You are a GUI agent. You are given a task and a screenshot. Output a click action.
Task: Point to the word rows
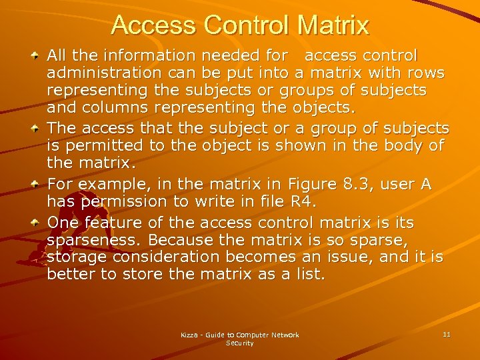pyautogui.click(x=427, y=72)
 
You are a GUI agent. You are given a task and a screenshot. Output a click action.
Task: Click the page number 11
pyautogui.click(x=446, y=333)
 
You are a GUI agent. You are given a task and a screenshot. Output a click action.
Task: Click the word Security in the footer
pyautogui.click(x=240, y=343)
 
